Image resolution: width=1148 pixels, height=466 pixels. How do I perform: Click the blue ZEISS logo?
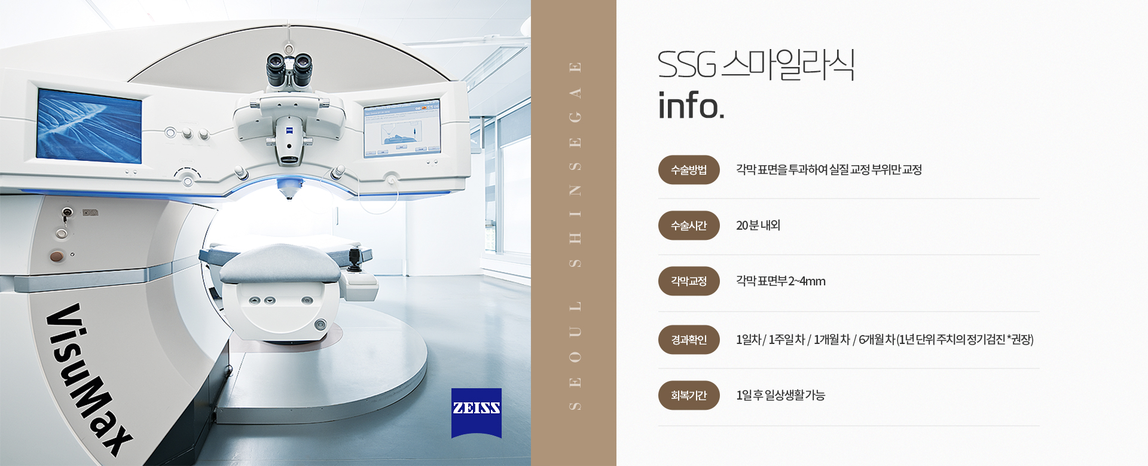477,413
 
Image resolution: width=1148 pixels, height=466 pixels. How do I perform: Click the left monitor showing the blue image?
89,126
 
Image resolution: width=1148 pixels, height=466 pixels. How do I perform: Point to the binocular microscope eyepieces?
289,69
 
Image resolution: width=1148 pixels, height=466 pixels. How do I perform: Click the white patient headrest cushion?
279,263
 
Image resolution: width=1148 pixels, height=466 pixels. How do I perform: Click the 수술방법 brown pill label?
689,170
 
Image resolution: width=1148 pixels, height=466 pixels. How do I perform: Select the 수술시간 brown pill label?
689,226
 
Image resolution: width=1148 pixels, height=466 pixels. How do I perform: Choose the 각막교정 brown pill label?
689,281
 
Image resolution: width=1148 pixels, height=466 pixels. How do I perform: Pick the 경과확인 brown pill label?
689,340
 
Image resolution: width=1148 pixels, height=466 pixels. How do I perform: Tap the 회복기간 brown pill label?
689,395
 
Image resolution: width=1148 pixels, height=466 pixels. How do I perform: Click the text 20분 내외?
758,226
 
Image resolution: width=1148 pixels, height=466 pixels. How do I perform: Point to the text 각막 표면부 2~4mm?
781,281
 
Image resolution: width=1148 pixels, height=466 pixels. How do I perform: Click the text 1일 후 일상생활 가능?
781,395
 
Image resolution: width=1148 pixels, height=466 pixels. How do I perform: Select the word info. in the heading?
691,105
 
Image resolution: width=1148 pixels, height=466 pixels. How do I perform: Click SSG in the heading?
687,65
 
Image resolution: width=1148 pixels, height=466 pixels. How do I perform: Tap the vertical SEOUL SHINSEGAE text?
575,236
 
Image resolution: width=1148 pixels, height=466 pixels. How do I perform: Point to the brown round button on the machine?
56,257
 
